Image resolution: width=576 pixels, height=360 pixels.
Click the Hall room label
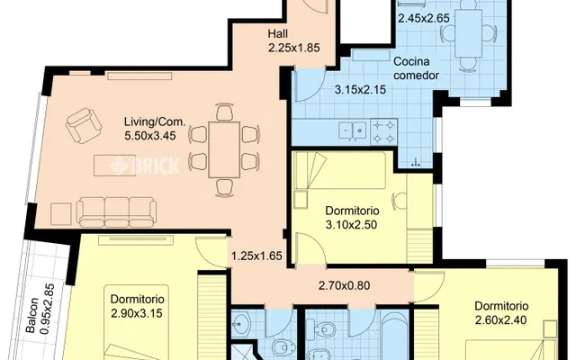click(278, 34)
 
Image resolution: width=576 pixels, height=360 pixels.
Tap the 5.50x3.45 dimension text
click(150, 136)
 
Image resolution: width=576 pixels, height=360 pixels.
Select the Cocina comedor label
click(416, 68)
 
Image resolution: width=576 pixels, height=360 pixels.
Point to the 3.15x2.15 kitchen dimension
click(360, 89)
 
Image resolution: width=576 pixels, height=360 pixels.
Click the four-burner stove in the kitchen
click(384, 131)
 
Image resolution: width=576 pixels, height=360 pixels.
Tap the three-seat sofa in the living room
click(116, 212)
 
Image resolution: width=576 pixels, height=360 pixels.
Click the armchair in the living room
click(84, 125)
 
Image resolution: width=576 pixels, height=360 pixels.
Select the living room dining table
click(224, 149)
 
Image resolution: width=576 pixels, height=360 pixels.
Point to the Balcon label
click(32, 314)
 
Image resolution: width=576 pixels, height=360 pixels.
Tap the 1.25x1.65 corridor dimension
click(256, 256)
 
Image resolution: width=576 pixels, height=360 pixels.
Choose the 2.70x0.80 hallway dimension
click(344, 285)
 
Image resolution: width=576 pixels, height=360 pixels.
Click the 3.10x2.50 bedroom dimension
click(351, 224)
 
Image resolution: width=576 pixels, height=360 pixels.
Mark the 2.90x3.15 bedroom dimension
click(137, 313)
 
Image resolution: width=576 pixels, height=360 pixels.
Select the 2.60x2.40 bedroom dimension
click(501, 320)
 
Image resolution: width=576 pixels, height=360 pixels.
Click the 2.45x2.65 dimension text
click(424, 18)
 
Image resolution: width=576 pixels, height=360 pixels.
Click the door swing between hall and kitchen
click(308, 85)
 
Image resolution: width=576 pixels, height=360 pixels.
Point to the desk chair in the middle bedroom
click(400, 201)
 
